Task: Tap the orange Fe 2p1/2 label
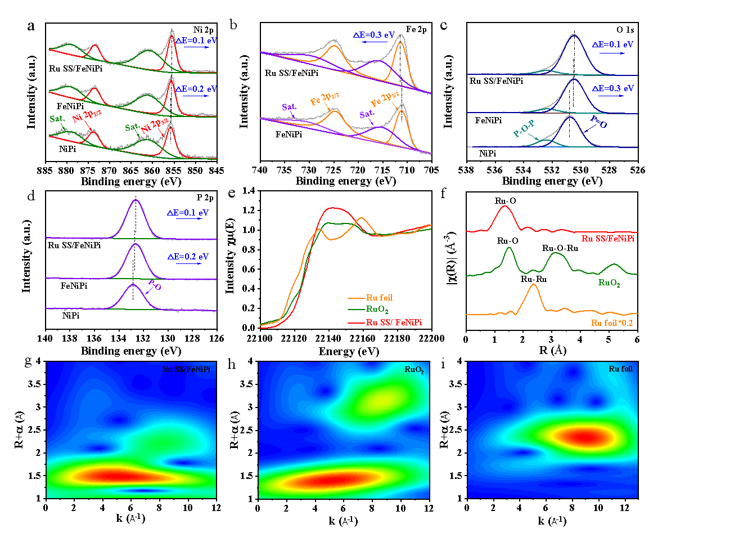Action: (325, 100)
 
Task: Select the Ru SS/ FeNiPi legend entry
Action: (393, 323)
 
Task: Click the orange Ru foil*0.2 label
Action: (612, 323)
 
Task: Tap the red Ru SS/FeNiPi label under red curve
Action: (609, 239)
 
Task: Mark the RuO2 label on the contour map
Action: (413, 370)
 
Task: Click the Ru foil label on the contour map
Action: (620, 369)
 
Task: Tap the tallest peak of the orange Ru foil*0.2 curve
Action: (533, 285)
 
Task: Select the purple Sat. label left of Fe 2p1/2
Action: (289, 106)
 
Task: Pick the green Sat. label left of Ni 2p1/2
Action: (57, 119)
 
